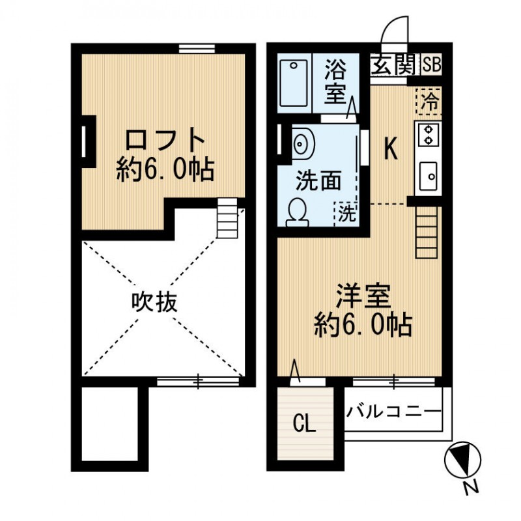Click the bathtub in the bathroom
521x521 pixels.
coord(294,83)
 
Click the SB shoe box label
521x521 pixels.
coord(430,66)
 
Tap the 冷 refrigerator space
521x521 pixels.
coord(429,102)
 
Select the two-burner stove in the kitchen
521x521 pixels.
coord(429,134)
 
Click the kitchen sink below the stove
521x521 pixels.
coord(429,175)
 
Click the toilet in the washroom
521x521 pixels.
coord(298,212)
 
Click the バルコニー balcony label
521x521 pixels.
coord(394,411)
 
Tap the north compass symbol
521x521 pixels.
coord(462,462)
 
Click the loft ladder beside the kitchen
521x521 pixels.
coord(427,232)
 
